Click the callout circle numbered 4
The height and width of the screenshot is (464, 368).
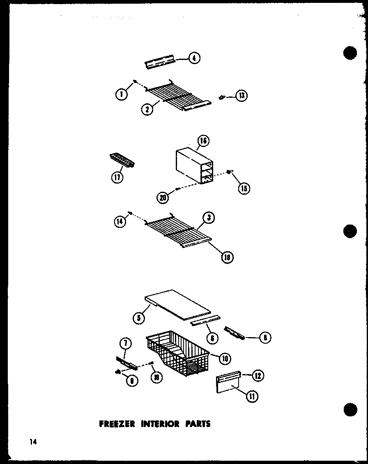point(194,58)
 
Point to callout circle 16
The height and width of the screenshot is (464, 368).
point(202,141)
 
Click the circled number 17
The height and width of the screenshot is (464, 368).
point(117,178)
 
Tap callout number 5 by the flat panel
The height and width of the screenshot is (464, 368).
point(139,317)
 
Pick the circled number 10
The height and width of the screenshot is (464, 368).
point(224,358)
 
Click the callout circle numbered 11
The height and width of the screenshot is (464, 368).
point(252,396)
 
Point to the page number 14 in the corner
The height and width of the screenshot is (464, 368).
point(33,442)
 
